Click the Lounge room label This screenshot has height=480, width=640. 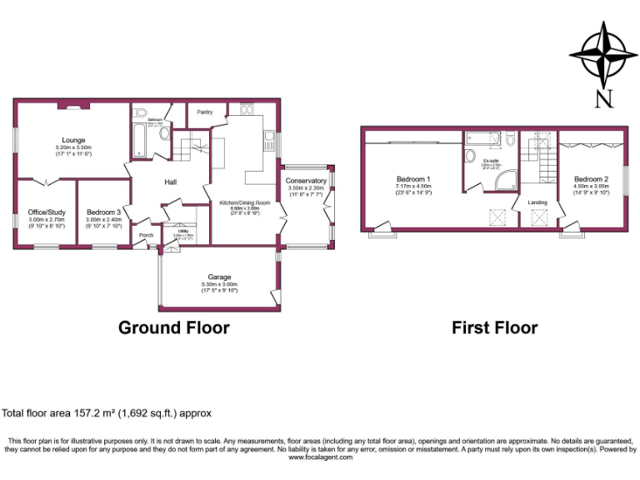coord(72,140)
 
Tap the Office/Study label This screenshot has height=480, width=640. coord(46,212)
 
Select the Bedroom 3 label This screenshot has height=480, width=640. coord(103,212)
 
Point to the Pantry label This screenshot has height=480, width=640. coord(204,112)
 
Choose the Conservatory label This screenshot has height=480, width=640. coord(306,181)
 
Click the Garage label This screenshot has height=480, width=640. coord(219,277)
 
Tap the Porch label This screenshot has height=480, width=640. coord(147,235)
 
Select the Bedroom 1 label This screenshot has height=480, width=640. coord(412,179)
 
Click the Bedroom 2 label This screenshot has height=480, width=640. coord(591,179)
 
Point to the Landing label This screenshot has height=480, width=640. coord(537,202)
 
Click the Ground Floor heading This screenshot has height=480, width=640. coord(173,327)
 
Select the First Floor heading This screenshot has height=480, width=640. coord(494,327)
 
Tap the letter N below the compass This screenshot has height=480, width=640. coord(604,98)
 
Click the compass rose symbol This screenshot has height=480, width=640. coord(604,54)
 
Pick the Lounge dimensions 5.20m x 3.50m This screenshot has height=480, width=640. coord(72,147)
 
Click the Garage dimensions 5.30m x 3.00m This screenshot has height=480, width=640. coord(219,284)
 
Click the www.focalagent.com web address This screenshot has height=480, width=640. coord(319,457)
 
